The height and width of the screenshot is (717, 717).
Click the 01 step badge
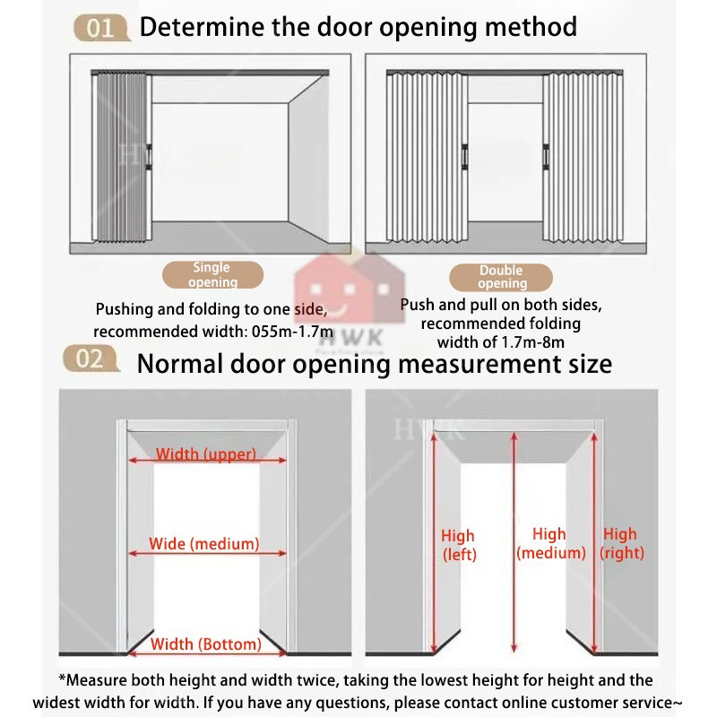(x=101, y=28)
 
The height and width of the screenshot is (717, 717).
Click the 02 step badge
(x=91, y=358)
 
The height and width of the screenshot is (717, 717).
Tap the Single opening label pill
(x=212, y=275)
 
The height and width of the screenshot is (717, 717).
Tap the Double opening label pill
(x=501, y=277)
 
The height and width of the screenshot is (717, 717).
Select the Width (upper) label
(x=206, y=454)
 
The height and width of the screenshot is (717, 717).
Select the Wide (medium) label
(x=204, y=543)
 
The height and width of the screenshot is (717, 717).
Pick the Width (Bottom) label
(x=206, y=644)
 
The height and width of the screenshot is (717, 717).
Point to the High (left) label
(x=459, y=545)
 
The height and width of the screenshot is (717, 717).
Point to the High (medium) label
(x=550, y=543)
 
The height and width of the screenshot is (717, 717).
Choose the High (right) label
(x=621, y=543)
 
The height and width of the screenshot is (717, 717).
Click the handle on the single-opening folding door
(x=149, y=157)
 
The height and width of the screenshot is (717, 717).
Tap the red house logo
(x=350, y=288)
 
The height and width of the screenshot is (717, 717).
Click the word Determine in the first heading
(x=202, y=27)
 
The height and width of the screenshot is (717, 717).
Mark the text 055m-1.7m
(x=292, y=331)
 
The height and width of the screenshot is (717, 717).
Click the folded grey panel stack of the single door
(x=122, y=158)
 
